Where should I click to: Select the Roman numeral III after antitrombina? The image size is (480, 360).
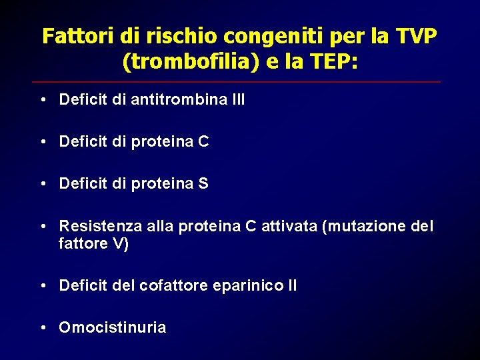[238, 100]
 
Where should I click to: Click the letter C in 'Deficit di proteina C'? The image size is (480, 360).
[203, 141]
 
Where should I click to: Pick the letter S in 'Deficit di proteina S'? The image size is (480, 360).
[203, 183]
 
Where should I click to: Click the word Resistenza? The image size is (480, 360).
[99, 227]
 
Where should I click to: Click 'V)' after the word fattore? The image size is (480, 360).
[121, 244]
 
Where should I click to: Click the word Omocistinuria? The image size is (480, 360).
[113, 327]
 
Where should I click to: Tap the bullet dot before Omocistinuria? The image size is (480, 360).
[42, 327]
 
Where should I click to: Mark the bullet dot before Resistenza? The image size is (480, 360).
[42, 227]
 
